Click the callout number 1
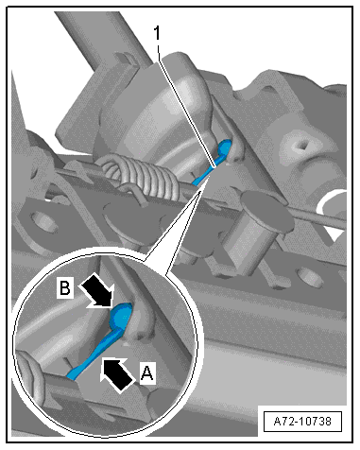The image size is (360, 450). (157, 33)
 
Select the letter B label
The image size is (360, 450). (65, 287)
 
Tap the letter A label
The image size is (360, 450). (147, 373)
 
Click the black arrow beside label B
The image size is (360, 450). (97, 290)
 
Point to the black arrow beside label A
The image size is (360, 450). (117, 374)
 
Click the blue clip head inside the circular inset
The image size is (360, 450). (120, 316)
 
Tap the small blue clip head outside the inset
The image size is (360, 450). (225, 147)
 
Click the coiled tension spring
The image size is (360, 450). (142, 175)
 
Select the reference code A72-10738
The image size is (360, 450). (302, 421)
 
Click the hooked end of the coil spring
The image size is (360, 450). (131, 192)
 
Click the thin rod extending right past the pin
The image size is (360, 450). (315, 215)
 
